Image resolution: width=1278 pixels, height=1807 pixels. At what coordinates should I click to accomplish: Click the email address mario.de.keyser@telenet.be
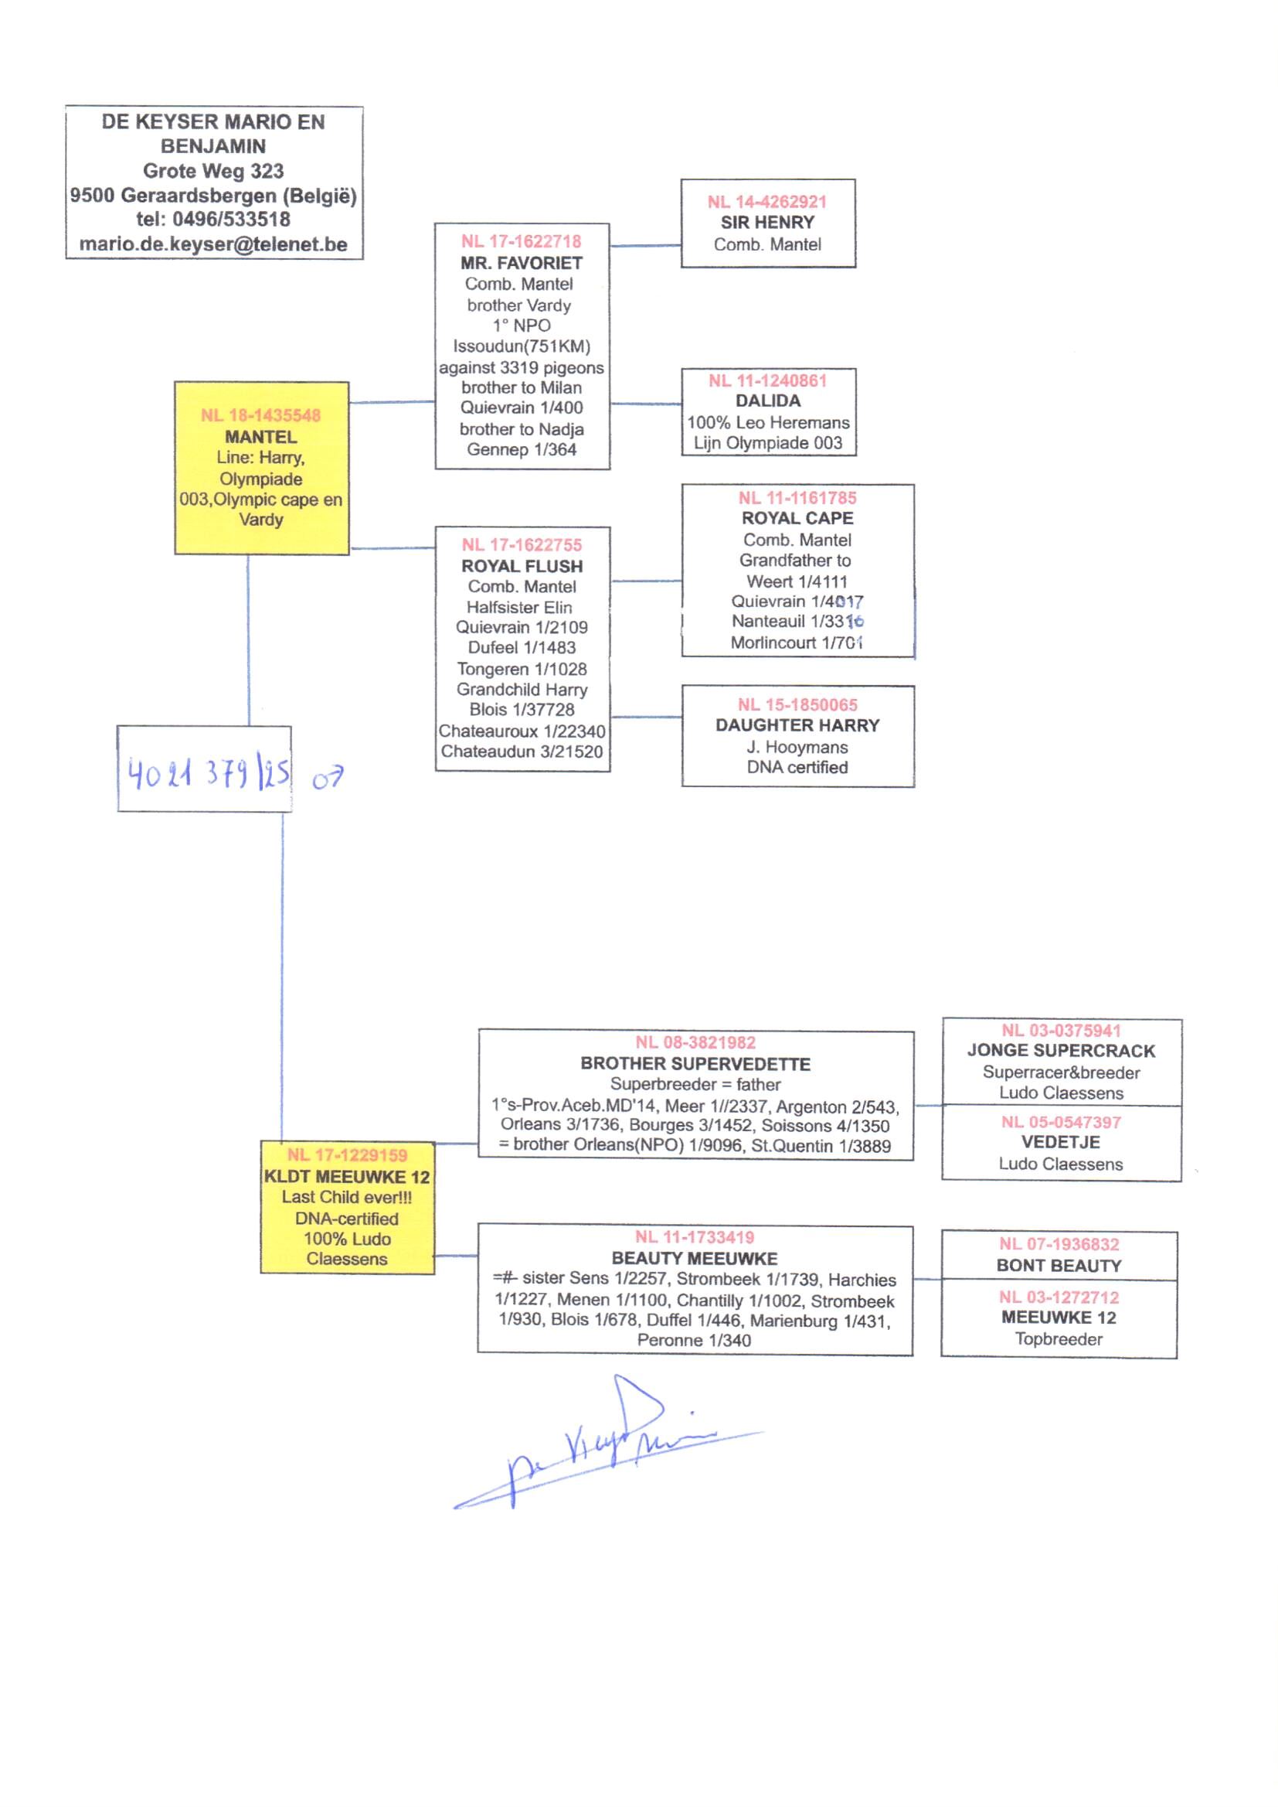[213, 244]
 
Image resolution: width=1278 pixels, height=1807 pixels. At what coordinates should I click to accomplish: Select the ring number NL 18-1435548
[260, 415]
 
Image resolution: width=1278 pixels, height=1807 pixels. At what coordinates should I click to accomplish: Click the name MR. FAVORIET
[522, 263]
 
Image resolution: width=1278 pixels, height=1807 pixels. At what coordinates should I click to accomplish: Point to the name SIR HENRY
[767, 223]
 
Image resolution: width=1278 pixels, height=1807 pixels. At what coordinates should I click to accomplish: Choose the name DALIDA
[767, 401]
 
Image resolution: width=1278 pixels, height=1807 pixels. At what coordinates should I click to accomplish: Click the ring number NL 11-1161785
[797, 498]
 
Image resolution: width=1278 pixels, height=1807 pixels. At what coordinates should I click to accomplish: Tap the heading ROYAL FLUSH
[522, 566]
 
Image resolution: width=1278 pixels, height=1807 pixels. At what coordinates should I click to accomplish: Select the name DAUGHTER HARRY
[797, 725]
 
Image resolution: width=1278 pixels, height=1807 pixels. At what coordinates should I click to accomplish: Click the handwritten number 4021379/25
[209, 773]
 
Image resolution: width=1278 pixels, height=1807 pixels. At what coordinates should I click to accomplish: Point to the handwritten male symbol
[328, 779]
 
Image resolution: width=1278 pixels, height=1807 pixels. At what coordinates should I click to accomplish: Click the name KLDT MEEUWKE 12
[347, 1177]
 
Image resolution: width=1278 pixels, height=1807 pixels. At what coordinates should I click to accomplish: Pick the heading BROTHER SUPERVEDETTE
[695, 1064]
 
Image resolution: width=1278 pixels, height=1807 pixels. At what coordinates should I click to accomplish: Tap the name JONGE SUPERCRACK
[1061, 1050]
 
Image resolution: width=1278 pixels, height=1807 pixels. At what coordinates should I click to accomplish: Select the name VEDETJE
[1060, 1142]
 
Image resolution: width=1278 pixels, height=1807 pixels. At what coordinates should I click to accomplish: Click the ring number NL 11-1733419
[695, 1237]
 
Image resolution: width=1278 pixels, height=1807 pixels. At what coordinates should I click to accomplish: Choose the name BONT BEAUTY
[1059, 1265]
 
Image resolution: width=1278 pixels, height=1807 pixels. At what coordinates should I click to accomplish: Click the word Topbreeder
[1059, 1338]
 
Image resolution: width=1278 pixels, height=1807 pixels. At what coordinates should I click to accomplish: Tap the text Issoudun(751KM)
[522, 346]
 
